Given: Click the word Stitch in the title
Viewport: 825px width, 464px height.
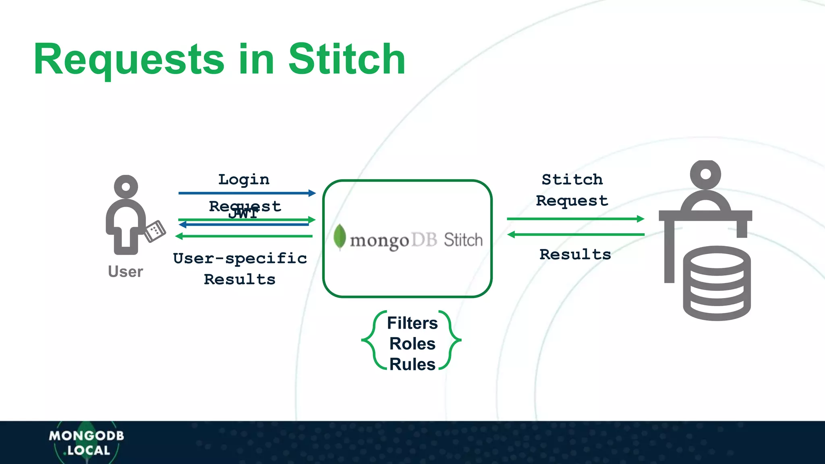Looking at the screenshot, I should [x=346, y=60].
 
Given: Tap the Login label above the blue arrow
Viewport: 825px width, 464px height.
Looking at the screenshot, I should [x=244, y=180].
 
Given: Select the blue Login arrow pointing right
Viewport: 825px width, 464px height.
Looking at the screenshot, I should [x=247, y=193].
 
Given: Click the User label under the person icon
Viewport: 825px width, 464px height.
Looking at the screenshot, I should [x=125, y=272].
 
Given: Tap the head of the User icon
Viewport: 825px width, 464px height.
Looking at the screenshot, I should [x=126, y=186].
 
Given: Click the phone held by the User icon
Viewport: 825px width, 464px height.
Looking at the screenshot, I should [x=155, y=231].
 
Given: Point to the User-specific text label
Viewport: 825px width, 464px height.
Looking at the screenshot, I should [x=240, y=259].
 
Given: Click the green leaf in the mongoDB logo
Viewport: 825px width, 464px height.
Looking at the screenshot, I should [x=340, y=237].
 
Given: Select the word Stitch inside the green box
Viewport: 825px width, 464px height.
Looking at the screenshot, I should [x=463, y=240].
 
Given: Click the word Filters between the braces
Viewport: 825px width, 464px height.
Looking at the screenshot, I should [x=412, y=323].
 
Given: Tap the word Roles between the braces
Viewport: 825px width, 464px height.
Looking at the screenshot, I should [x=412, y=344].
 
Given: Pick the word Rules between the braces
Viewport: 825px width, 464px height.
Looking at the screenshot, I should [x=412, y=365].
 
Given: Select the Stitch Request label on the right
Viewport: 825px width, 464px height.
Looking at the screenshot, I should [x=572, y=190].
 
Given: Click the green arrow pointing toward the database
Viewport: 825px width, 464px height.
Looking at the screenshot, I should [x=575, y=219].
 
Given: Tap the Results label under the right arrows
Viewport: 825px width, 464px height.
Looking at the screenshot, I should [x=575, y=255].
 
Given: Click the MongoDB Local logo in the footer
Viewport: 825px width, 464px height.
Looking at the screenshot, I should [x=87, y=443].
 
